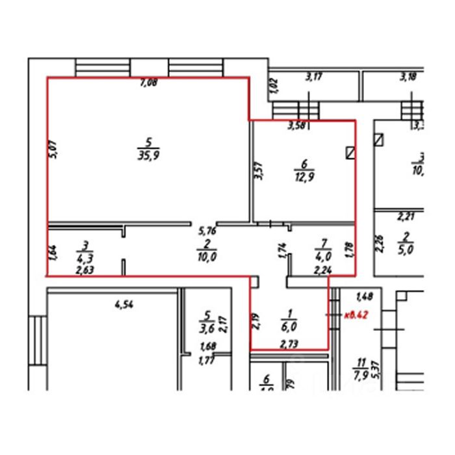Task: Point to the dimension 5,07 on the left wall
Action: pos(54,151)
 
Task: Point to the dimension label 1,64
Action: pos(53,250)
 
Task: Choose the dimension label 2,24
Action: pos(323,268)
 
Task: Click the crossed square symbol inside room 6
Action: pos(352,152)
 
